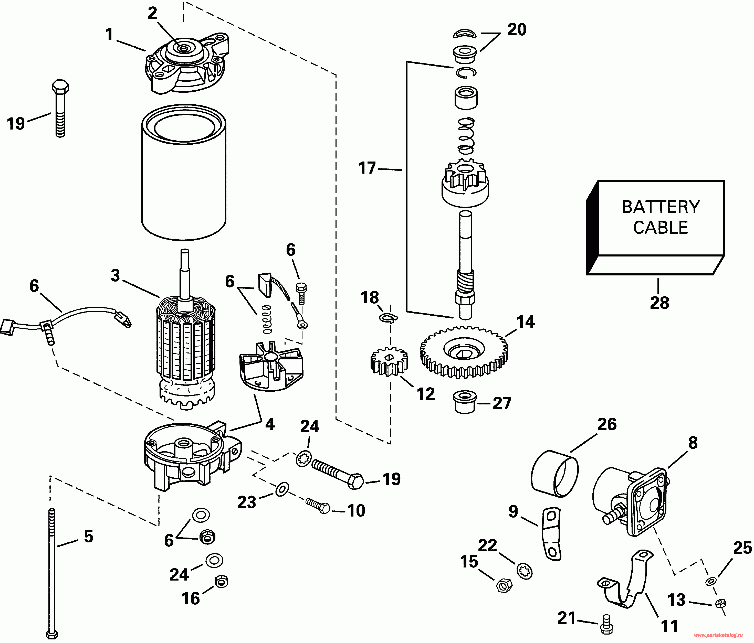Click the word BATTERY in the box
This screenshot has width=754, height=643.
pos(661,207)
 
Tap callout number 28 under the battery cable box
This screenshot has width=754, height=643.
pos(659,303)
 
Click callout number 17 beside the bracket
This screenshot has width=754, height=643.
pos(367,168)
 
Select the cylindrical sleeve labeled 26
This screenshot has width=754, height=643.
pos(554,473)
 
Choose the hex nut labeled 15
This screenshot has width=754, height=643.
pos(504,585)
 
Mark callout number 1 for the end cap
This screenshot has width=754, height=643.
pos(109,35)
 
